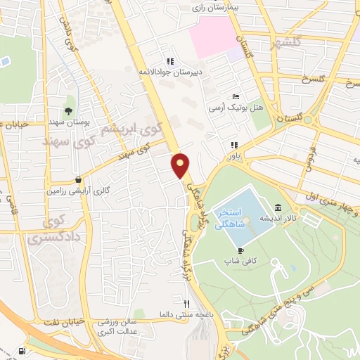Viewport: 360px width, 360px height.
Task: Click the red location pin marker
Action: coord(181,165)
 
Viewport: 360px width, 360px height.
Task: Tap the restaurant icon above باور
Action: coord(233,146)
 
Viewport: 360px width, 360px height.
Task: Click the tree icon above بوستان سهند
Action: coord(68,111)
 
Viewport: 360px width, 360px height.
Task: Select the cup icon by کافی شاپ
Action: coord(241,250)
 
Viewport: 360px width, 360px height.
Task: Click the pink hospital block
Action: coord(212,37)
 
